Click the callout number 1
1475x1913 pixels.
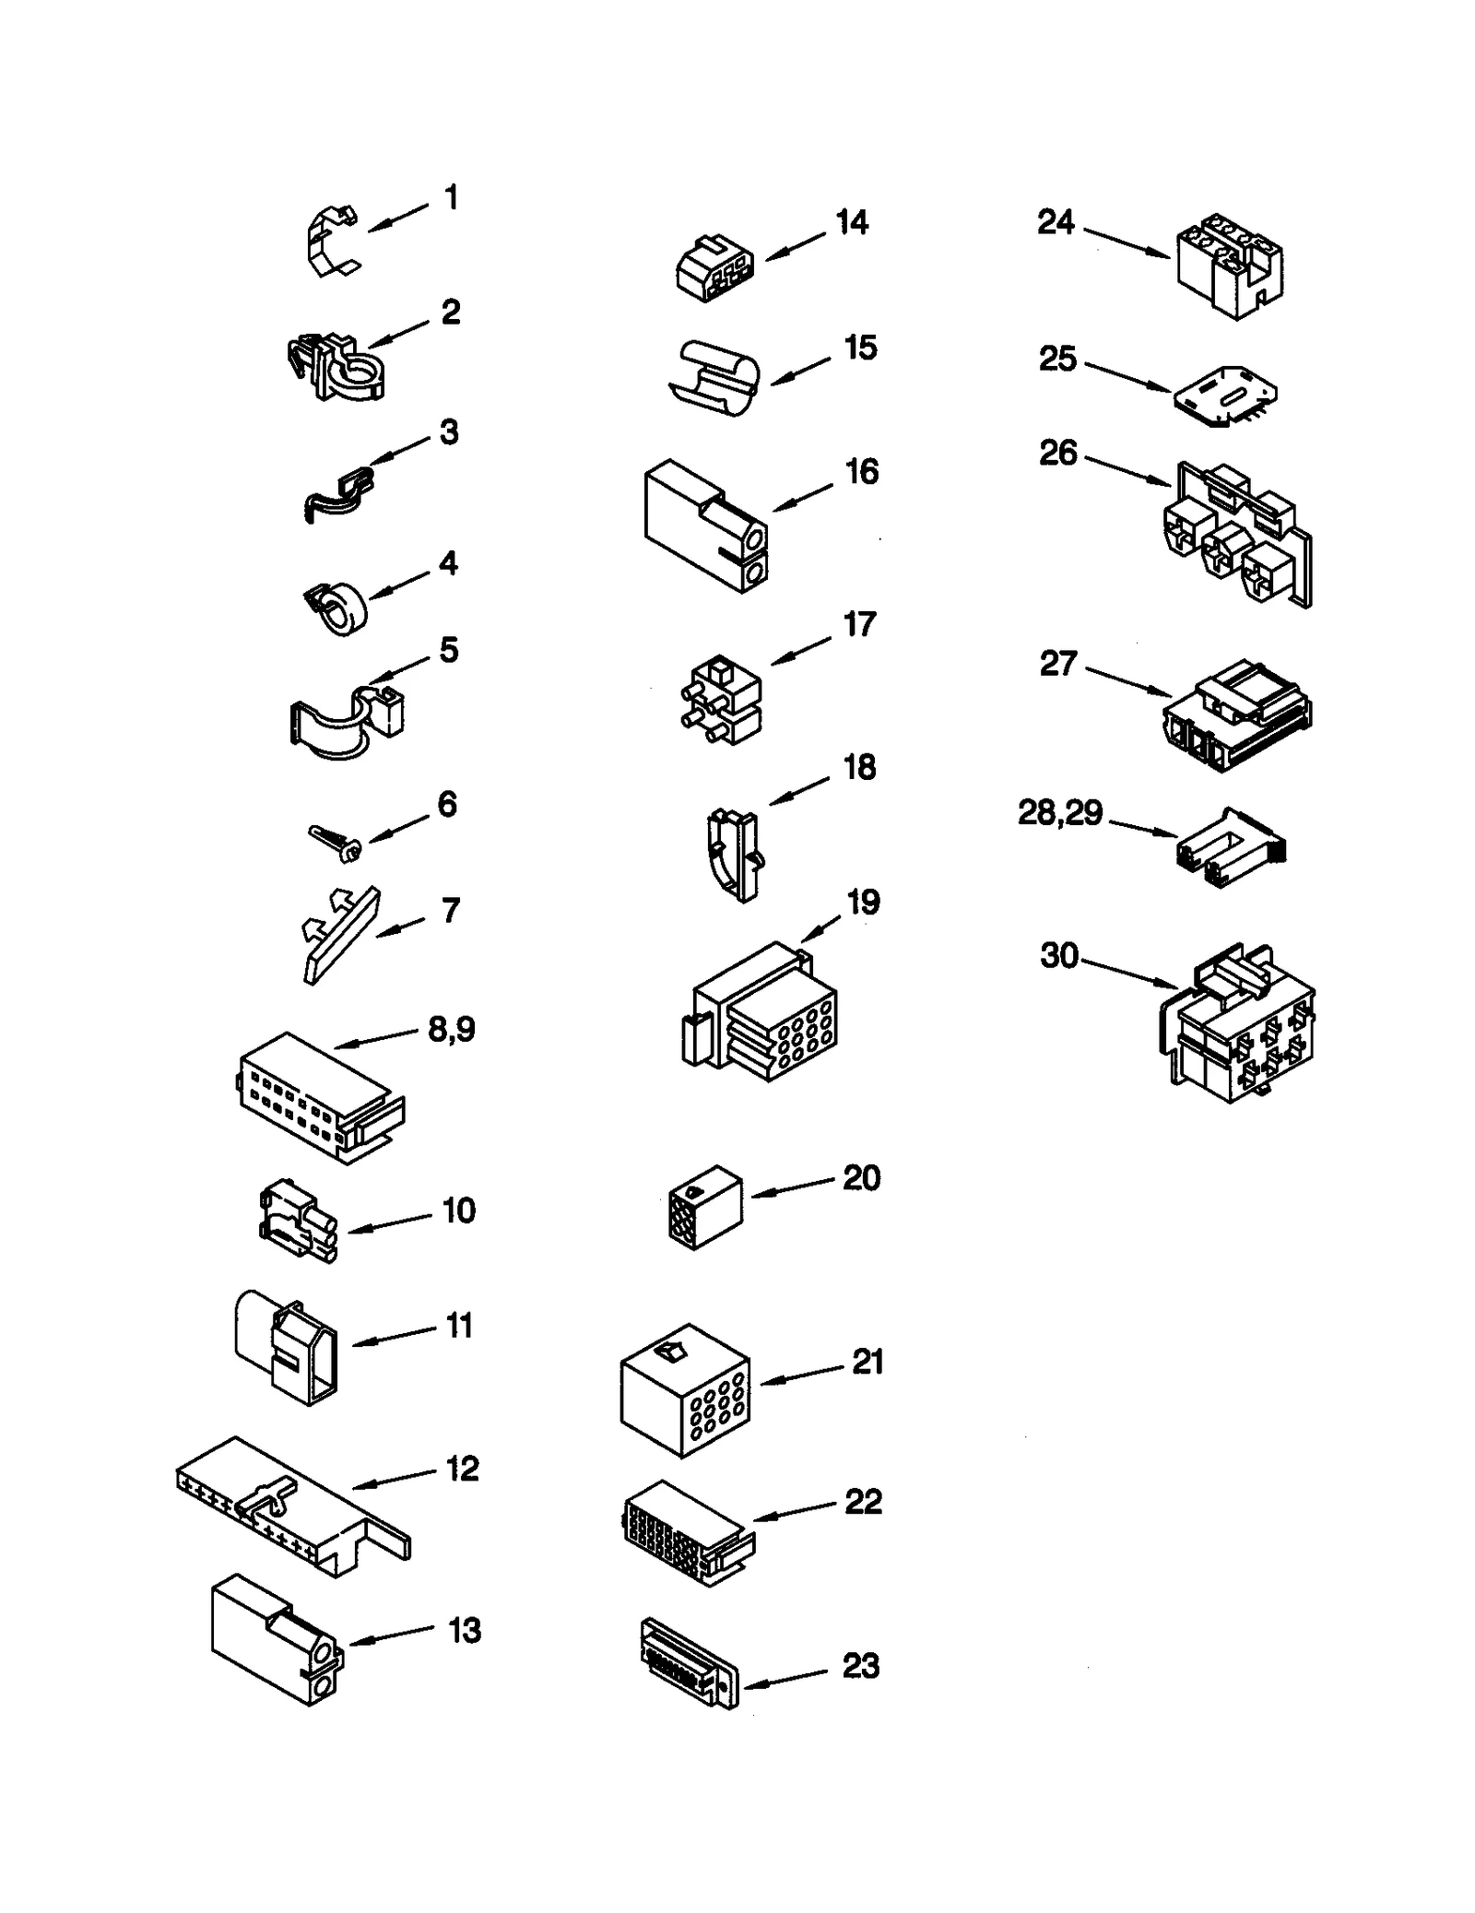(451, 197)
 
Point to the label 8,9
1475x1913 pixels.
(452, 1029)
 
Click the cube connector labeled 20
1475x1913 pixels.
(705, 1207)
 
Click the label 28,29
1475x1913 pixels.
(1060, 812)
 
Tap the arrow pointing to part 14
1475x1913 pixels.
(795, 246)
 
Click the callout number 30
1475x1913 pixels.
(1059, 955)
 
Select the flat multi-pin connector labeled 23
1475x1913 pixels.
(687, 1663)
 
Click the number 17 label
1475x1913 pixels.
(859, 624)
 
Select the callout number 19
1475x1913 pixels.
(863, 902)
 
